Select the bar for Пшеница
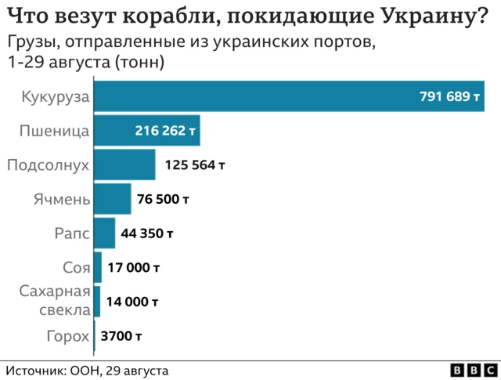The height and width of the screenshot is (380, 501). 146,131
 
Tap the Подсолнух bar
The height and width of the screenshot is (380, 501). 124,165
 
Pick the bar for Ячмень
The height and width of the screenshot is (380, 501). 112,199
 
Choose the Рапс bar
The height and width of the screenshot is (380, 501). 104,233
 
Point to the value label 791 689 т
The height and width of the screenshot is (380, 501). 449,97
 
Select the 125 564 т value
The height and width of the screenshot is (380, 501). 195,165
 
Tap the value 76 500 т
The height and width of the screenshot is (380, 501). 163,200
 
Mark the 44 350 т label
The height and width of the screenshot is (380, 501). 147,233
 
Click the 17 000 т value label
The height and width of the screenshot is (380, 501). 134,267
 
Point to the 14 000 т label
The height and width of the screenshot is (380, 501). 132,302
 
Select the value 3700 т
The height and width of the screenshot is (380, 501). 121,336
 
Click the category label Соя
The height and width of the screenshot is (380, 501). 76,268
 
